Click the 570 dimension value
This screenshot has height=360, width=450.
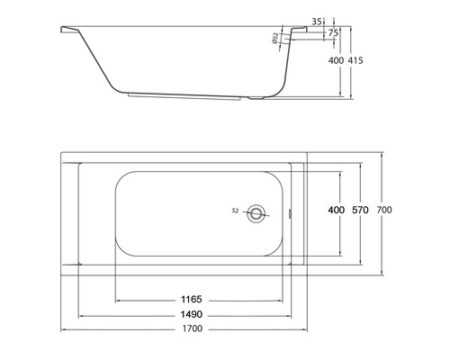361,210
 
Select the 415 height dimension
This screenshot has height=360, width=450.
365,60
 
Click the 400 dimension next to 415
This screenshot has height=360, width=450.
337,60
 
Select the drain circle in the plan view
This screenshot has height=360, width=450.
258,213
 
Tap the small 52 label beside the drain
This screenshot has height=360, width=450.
235,211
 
